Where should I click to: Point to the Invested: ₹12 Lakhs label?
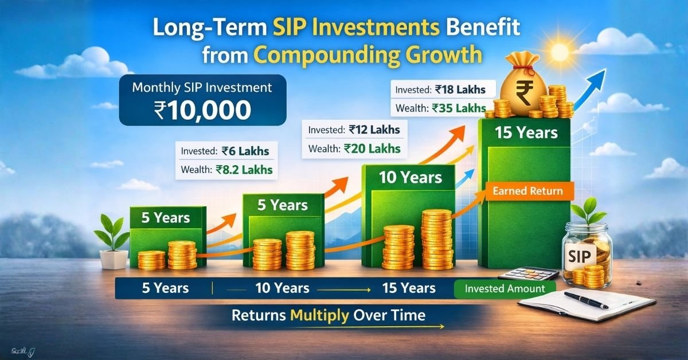coord(354,130)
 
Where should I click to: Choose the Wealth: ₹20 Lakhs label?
coord(354,148)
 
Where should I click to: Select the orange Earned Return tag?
coord(528,191)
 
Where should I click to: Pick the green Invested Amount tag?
coord(505,288)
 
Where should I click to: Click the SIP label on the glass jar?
coord(578,256)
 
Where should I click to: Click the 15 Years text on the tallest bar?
coord(526,133)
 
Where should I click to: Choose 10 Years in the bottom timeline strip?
coord(282,288)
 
